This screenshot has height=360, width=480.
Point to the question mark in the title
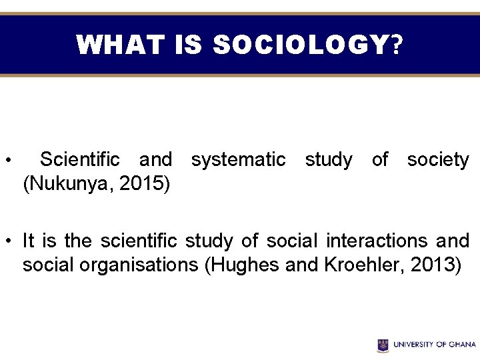[397, 45]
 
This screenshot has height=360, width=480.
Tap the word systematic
[238, 160]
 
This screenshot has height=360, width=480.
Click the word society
[438, 160]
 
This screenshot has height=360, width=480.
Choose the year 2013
[434, 265]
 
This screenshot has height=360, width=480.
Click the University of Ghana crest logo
[383, 345]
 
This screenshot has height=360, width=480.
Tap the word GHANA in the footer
[461, 345]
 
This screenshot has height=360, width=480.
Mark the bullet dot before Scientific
[7, 161]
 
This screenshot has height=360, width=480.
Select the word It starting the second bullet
[29, 240]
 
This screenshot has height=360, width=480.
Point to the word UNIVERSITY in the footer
[413, 345]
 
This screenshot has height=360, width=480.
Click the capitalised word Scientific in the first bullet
[80, 160]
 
